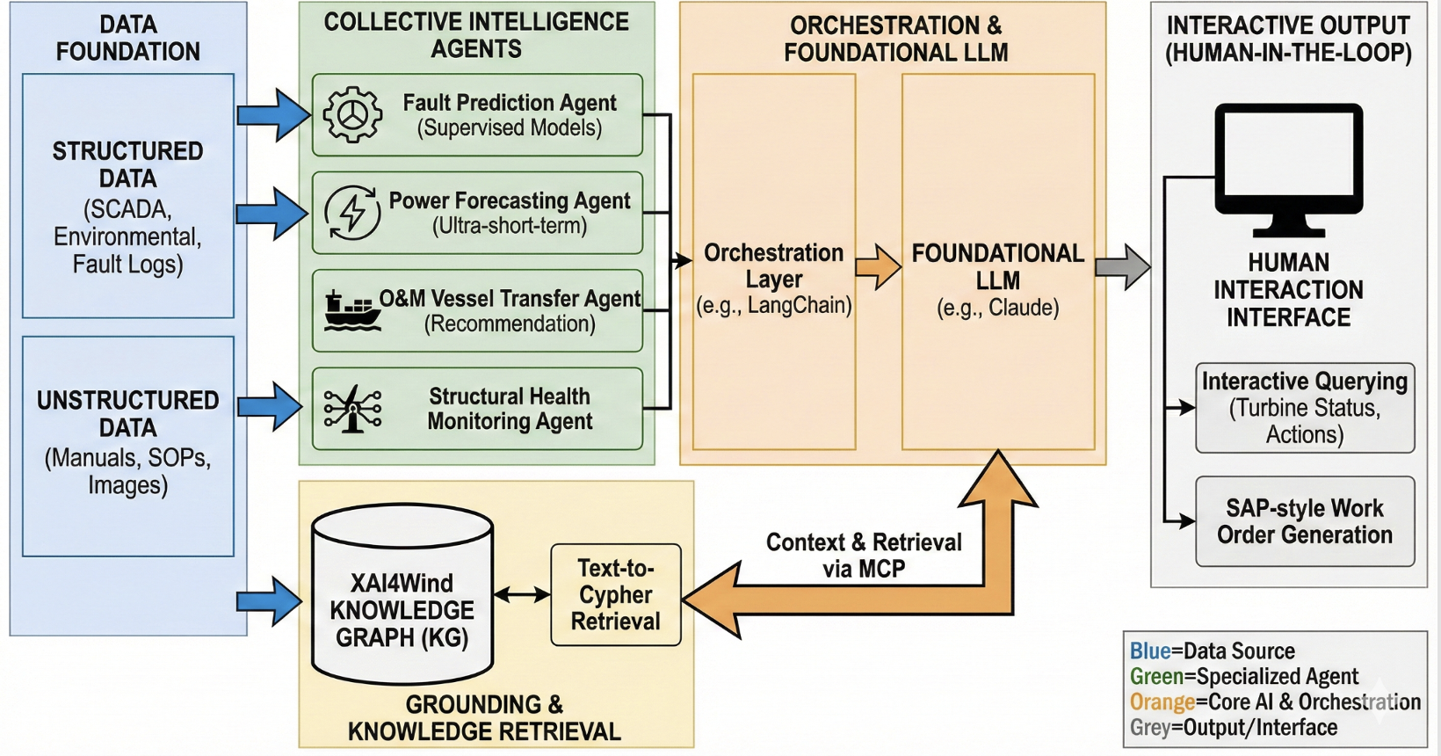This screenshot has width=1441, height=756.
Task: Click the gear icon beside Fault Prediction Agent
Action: tap(352, 115)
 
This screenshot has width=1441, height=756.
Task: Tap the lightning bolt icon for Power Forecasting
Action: tap(352, 213)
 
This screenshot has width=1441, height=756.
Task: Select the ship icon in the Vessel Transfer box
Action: tap(351, 311)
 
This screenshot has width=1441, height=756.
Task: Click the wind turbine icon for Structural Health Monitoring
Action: tap(352, 409)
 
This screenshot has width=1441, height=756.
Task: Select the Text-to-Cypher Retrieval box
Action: tap(615, 595)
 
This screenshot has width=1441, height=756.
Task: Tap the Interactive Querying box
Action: tap(1305, 408)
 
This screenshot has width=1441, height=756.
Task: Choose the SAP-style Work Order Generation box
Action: tap(1305, 521)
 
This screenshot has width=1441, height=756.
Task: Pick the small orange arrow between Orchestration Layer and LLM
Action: tap(878, 266)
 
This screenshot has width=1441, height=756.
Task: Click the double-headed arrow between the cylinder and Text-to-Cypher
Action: tap(522, 595)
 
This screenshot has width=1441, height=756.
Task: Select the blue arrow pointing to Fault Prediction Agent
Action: tap(274, 115)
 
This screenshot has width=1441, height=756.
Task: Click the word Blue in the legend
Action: tap(1150, 651)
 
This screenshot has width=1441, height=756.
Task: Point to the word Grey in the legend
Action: tap(1149, 728)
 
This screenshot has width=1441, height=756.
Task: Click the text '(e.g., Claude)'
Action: tap(997, 308)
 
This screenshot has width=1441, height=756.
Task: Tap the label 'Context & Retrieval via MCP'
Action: tap(864, 556)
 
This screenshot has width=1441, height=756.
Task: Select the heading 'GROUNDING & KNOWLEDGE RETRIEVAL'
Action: tap(484, 717)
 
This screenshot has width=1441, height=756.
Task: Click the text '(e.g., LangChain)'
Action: tap(773, 306)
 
